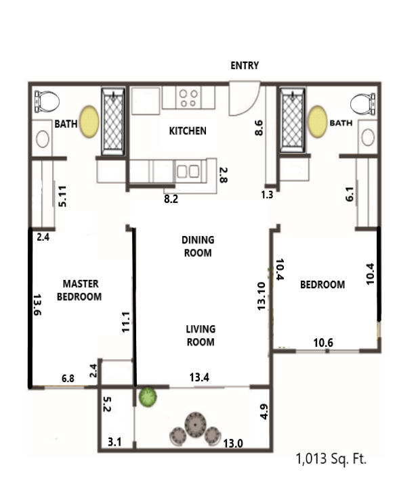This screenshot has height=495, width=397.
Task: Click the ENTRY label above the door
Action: coord(245,66)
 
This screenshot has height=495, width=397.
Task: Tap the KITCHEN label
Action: coord(188,131)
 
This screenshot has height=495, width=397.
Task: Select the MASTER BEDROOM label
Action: coord(79,290)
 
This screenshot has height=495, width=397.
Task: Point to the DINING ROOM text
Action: coord(198,246)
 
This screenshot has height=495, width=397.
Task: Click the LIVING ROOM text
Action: coord(201,335)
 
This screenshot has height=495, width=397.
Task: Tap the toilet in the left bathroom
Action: coord(47,101)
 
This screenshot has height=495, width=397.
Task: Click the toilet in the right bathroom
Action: coord(363,104)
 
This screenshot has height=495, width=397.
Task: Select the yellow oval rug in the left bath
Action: coord(89,122)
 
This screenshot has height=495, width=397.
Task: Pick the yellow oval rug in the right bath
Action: coord(318,122)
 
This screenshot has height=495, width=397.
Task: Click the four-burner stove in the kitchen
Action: coord(188,98)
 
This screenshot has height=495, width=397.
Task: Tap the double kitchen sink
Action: coord(188,171)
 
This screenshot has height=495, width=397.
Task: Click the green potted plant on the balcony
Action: coord(148,397)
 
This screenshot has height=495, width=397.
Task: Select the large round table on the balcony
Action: coord(196,425)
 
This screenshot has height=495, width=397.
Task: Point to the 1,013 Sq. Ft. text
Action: coord(331,458)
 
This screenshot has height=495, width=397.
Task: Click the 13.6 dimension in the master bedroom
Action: coord(37,304)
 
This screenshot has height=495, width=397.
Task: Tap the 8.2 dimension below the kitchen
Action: coord(171,199)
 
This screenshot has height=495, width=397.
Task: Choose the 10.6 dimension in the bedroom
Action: coord(323,343)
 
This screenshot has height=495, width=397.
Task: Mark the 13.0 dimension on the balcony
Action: coord(233,444)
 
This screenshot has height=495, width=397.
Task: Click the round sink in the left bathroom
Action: coord(43,139)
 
